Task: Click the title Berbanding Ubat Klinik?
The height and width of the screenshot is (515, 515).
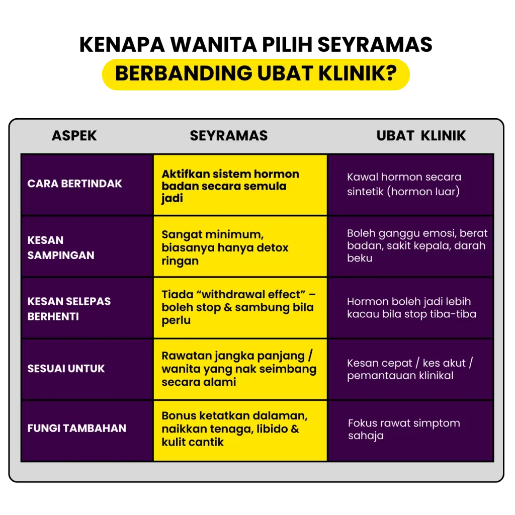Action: point(255,73)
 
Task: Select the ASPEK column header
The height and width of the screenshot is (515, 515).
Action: point(74,136)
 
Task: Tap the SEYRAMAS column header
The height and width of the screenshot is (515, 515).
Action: point(229,136)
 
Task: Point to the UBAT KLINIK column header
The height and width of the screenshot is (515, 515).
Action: point(421,136)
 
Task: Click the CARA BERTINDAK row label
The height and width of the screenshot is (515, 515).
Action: point(74,184)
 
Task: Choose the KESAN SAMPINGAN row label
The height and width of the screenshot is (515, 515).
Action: point(61,247)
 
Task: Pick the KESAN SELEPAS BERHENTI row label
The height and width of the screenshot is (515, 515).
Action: point(69,309)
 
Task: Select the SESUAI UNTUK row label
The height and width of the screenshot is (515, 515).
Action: point(66,369)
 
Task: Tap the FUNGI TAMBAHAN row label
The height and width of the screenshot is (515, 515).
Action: point(76,428)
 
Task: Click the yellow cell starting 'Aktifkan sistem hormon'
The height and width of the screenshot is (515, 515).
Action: point(240,186)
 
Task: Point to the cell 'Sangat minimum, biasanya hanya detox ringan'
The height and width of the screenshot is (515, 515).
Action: point(240,247)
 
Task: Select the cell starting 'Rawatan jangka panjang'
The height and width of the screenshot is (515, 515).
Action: point(240,369)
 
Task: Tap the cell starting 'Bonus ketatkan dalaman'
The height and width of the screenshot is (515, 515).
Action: point(240,429)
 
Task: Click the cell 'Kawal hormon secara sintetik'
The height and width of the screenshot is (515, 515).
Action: point(410,184)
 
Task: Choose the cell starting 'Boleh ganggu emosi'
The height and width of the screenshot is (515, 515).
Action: point(410,246)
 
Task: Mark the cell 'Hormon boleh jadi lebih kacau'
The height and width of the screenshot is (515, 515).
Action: point(410,308)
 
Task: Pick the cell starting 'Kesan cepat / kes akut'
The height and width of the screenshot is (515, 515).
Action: point(410,369)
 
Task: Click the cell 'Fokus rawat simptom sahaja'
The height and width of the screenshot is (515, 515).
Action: point(410,429)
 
